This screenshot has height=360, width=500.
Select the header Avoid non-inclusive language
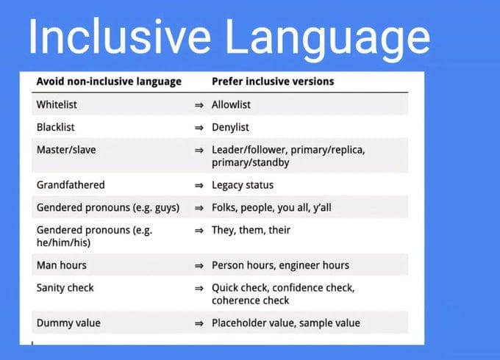[109, 82]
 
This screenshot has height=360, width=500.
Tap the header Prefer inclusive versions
[273, 82]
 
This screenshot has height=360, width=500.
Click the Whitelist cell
[57, 105]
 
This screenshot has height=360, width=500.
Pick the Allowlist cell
[231, 105]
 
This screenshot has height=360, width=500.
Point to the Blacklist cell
[55, 127]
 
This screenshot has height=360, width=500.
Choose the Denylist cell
[230, 127]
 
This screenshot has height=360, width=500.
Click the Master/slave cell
[65, 150]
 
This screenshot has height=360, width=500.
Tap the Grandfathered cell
[71, 185]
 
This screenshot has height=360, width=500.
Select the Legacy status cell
[243, 185]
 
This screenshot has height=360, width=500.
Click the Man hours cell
[62, 264]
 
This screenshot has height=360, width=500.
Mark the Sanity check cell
[65, 287]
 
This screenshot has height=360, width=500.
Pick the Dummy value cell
[68, 323]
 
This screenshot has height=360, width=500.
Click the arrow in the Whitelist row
[199, 105]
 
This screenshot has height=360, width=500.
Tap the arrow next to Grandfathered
[199, 185]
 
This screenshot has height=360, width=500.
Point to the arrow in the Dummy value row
[199, 323]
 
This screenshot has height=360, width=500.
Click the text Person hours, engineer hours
[280, 264]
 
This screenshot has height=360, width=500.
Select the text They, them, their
[251, 230]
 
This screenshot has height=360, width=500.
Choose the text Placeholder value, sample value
[286, 323]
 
